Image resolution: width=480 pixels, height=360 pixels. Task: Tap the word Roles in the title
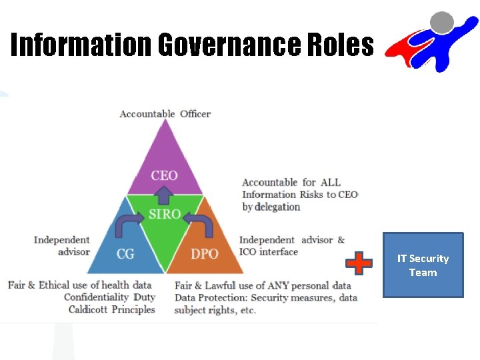pos(341,45)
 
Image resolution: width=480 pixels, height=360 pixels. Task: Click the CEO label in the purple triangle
pos(164,175)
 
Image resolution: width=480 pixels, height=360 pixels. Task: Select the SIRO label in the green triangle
pos(165,214)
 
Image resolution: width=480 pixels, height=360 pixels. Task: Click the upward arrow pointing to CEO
pos(165,195)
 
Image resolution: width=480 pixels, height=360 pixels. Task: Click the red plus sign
pos(359,263)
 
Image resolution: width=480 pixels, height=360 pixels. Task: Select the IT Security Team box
pos(423,265)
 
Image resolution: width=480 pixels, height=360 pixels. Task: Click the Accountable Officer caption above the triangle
pos(165,114)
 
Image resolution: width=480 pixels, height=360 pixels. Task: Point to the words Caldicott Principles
pos(111,309)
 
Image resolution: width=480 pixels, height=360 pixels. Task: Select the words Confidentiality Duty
pos(109,297)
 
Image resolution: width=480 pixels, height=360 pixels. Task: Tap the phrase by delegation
pos(271,207)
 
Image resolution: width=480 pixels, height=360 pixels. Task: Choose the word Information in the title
pos(81,45)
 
